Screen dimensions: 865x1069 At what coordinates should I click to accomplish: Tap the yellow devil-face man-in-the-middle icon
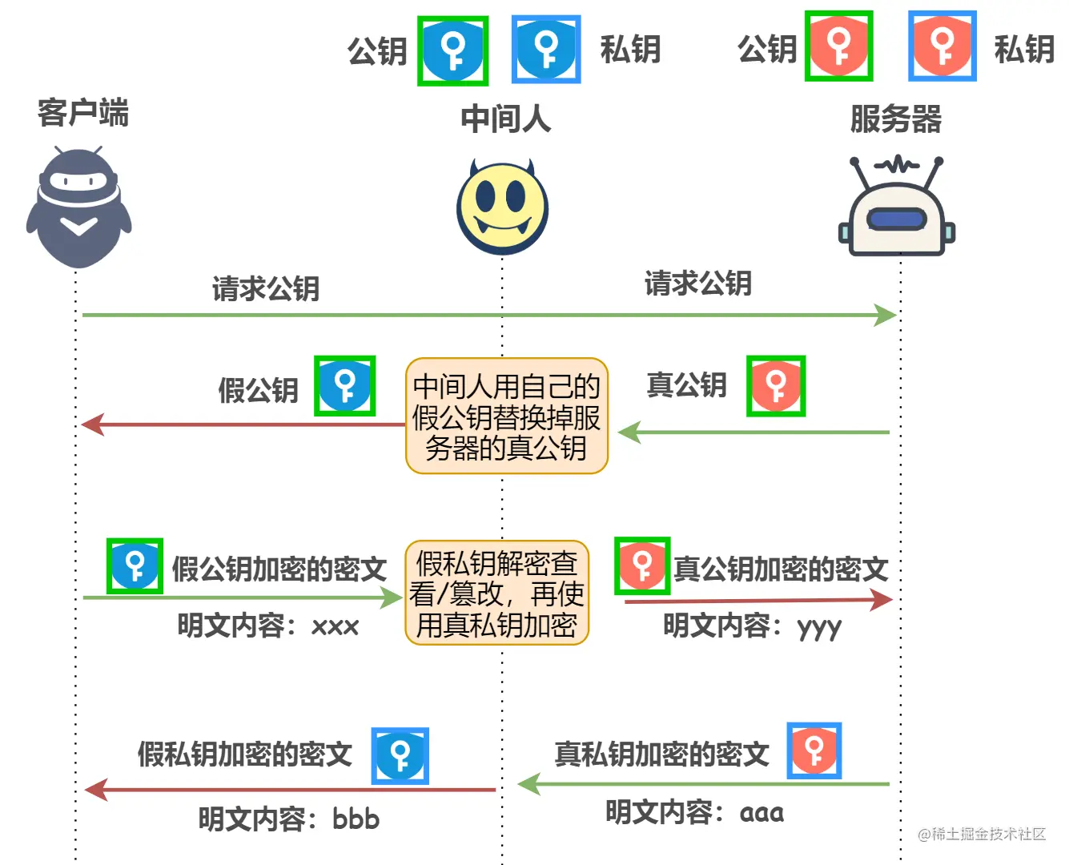tap(502, 208)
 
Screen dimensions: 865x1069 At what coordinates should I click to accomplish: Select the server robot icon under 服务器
tap(897, 208)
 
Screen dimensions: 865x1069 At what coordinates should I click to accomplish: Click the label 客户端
tap(82, 112)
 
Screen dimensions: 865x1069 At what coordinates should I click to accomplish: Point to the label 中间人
tap(505, 119)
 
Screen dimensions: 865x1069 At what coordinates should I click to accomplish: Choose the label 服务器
tap(895, 119)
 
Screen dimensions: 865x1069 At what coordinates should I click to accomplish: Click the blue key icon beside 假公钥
tap(345, 386)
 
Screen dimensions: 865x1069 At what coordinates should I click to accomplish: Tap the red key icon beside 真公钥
tap(775, 386)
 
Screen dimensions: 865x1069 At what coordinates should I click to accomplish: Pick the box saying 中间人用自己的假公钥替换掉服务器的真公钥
tap(507, 416)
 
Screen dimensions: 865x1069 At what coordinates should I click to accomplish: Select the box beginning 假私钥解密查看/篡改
tap(497, 593)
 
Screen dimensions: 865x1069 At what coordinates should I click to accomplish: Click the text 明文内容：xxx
tap(268, 626)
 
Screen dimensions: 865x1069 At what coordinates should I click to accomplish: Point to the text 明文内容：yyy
tap(752, 626)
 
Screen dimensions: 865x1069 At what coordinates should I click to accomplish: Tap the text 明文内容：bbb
tap(288, 819)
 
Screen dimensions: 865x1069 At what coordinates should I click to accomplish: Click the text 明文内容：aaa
tap(694, 812)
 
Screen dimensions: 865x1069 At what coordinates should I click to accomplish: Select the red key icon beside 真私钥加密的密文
tap(814, 750)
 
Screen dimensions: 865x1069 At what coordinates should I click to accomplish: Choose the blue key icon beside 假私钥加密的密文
tap(400, 755)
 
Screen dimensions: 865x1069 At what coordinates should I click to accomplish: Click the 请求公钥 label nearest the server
tap(697, 283)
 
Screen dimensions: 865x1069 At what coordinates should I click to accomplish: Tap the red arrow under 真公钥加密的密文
tap(757, 600)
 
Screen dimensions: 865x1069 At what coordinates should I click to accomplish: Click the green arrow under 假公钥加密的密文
tap(240, 597)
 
